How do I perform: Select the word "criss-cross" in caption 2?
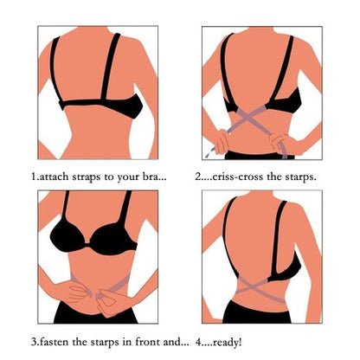click(238, 177)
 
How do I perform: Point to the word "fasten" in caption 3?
click(54, 342)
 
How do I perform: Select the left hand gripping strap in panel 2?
click(222, 141)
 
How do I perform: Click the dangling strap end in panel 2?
click(209, 152)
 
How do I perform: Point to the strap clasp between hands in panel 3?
click(96, 294)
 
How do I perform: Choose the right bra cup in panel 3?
click(113, 239)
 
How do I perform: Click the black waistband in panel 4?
click(257, 312)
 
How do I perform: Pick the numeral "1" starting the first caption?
click(34, 177)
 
